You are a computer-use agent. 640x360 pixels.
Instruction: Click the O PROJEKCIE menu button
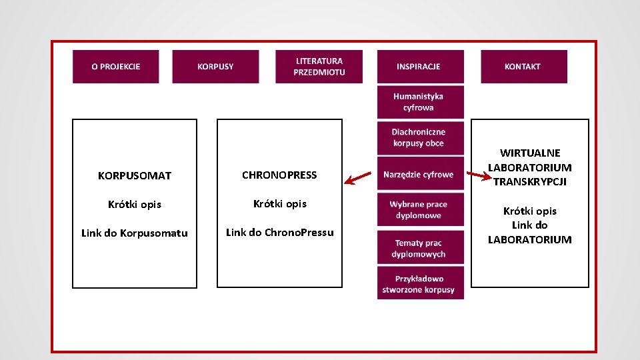coord(115,67)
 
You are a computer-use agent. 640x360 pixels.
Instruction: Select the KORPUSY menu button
coord(215,67)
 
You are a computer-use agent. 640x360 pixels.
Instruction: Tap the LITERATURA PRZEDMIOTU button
coord(319,67)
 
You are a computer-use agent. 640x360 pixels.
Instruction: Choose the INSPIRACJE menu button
coord(421,67)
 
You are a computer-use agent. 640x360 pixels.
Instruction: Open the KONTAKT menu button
coord(524,67)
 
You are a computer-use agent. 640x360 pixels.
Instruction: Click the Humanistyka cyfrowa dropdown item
coord(421,102)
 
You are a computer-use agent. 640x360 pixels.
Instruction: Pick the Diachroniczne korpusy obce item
coord(421,138)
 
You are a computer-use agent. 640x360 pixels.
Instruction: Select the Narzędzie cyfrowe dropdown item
coord(421,174)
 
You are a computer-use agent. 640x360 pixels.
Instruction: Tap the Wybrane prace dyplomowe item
coord(421,209)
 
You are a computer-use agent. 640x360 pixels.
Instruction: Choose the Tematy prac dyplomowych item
coord(421,248)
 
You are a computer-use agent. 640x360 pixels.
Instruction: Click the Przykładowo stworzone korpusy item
coord(421,283)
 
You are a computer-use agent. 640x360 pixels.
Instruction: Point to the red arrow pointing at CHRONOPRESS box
coord(357,178)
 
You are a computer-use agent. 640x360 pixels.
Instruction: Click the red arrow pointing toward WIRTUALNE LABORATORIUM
coord(479,176)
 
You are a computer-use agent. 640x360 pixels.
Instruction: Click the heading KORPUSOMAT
coord(135,175)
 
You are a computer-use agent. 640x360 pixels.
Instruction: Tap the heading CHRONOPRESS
coord(279,175)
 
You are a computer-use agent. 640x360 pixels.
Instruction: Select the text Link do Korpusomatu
coord(135,233)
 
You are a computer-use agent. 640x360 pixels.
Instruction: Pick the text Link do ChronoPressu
coord(279,232)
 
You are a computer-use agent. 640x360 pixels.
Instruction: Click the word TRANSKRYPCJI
coord(530,181)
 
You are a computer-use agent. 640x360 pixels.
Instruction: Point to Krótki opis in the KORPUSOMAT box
coord(135,205)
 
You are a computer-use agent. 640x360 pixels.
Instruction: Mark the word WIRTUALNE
coord(530,153)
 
